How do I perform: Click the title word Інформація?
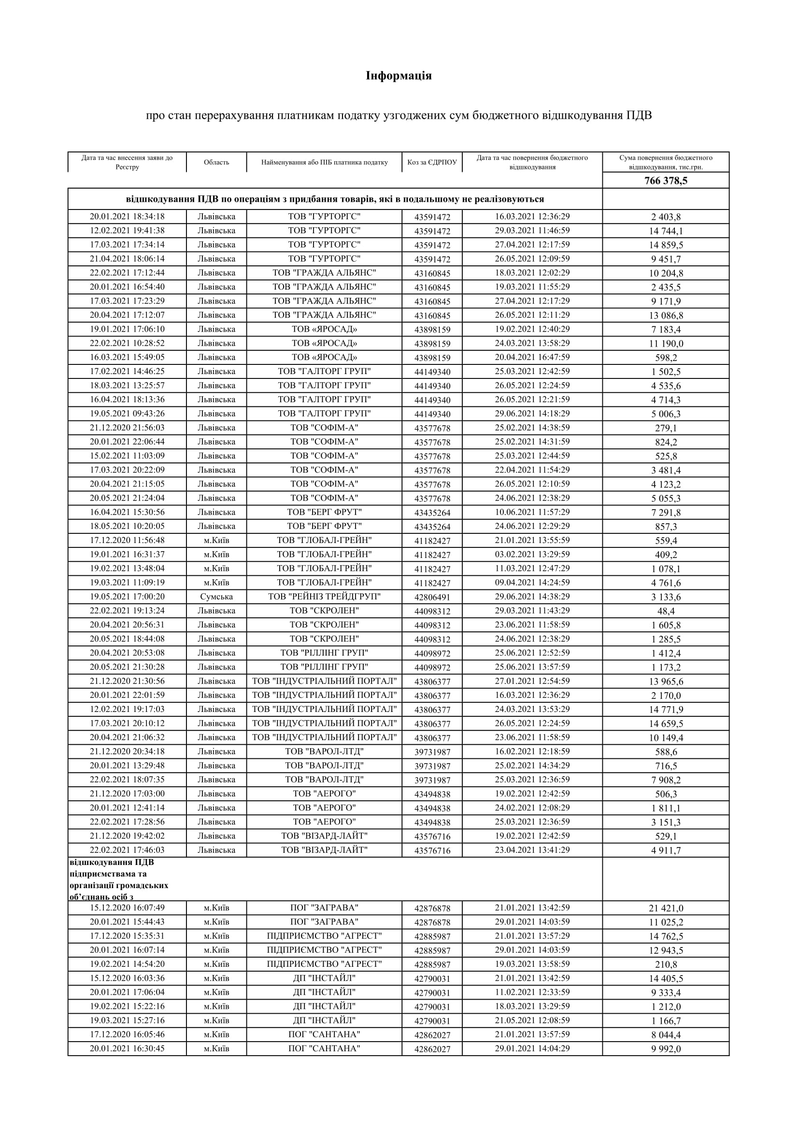click(x=399, y=76)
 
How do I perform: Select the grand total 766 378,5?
click(x=666, y=181)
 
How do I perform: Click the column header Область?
click(x=216, y=162)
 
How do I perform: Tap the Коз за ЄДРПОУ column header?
click(x=432, y=162)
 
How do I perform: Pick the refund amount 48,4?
click(x=666, y=611)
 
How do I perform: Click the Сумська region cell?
click(x=216, y=597)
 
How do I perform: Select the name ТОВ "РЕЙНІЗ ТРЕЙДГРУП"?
click(x=324, y=597)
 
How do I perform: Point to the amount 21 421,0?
click(x=666, y=908)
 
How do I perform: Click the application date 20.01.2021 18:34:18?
click(x=127, y=216)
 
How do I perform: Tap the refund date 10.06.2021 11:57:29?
click(x=532, y=512)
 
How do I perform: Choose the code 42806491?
click(x=432, y=598)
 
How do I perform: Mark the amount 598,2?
click(x=666, y=358)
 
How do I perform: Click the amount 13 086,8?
click(x=666, y=316)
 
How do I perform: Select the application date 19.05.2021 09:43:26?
click(x=127, y=414)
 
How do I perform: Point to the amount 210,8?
click(x=666, y=965)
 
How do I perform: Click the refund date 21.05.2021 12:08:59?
click(x=532, y=1020)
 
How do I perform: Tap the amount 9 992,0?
click(x=666, y=1049)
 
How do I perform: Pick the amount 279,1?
click(x=666, y=428)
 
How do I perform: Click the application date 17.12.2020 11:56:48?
click(x=127, y=540)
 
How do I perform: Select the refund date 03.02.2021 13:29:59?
click(x=532, y=554)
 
